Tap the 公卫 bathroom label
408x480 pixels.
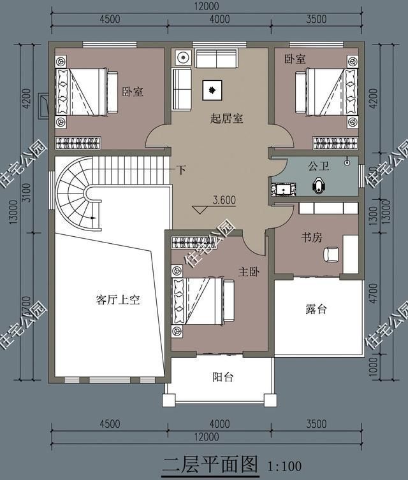(318, 166)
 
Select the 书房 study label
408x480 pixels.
(312, 237)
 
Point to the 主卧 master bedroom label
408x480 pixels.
(249, 271)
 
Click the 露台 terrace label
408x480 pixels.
(316, 309)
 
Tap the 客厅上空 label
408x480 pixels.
(118, 300)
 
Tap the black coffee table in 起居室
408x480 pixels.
(212, 90)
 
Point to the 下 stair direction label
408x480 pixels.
(182, 171)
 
